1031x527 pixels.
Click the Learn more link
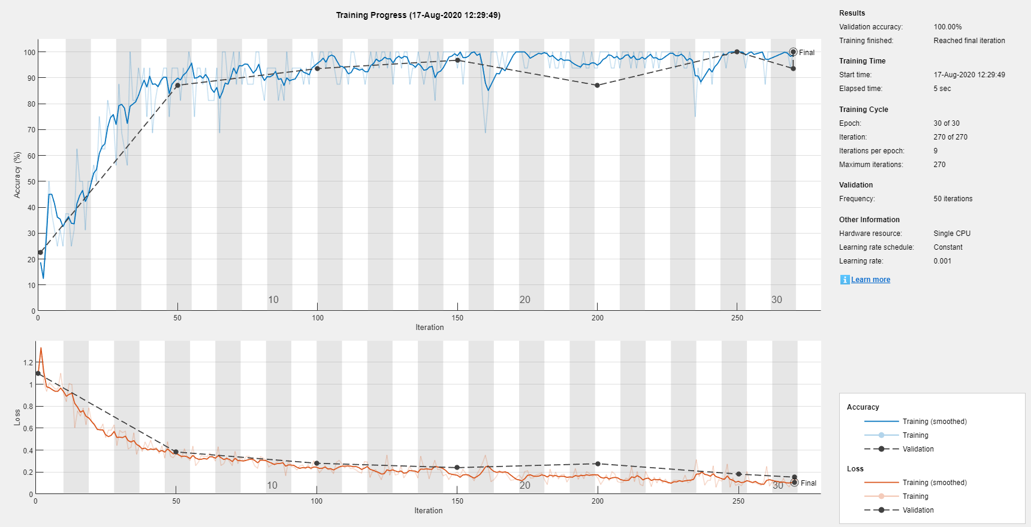click(870, 280)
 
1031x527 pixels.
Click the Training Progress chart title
click(418, 15)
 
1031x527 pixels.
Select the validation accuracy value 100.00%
click(947, 27)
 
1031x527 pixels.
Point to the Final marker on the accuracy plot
click(794, 52)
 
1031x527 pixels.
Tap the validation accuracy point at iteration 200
click(597, 86)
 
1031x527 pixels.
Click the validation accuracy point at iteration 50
click(177, 86)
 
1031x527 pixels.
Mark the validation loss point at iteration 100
click(317, 464)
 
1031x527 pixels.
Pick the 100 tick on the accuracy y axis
click(29, 52)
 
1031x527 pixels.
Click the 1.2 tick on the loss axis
click(28, 363)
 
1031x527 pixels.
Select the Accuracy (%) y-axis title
click(17, 174)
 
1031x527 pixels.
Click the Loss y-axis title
click(17, 417)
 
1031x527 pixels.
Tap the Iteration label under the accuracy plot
click(429, 328)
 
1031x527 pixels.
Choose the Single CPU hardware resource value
click(951, 234)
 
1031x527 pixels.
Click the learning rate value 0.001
click(942, 261)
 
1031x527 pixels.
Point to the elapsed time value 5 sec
click(942, 89)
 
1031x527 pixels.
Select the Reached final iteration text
click(969, 41)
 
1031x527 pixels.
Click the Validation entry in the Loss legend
click(918, 510)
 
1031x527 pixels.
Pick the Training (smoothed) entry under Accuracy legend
click(934, 422)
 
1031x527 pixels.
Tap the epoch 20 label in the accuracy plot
click(524, 299)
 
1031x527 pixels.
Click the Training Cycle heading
click(863, 110)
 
